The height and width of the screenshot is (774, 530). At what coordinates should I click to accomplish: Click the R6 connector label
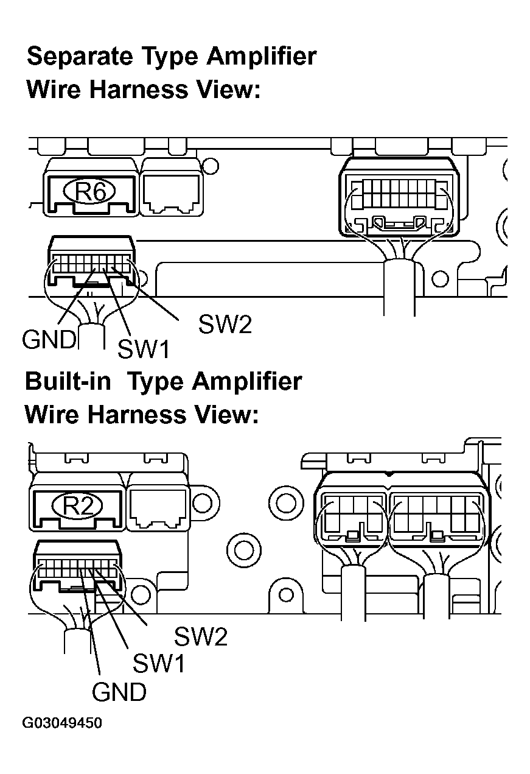click(x=91, y=192)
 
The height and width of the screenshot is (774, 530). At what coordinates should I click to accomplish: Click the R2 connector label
click(x=78, y=506)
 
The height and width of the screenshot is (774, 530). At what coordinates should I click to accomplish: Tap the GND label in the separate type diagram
click(x=49, y=339)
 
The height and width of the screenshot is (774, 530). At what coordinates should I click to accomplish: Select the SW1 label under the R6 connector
click(x=143, y=348)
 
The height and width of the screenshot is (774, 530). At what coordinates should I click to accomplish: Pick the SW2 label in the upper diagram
click(x=225, y=325)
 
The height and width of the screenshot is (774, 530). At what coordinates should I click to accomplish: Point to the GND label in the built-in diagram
click(x=119, y=691)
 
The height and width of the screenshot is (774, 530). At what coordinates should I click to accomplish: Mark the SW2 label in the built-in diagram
click(x=201, y=637)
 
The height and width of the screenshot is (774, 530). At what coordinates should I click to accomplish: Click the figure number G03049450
click(x=62, y=723)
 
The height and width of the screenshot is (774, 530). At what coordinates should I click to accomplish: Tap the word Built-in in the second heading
click(x=68, y=381)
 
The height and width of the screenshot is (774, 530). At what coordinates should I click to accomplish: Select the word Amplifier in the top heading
click(x=261, y=57)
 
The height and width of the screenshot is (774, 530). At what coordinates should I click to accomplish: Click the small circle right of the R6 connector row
click(x=210, y=166)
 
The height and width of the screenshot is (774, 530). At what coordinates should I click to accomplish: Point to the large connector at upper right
click(x=398, y=198)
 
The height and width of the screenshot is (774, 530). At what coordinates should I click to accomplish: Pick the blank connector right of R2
click(x=158, y=505)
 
